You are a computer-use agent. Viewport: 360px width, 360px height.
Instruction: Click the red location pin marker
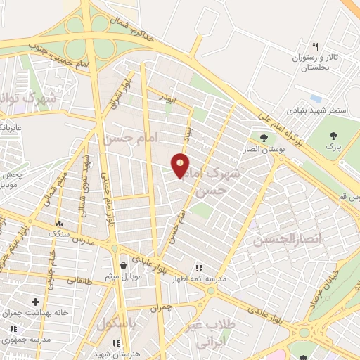tap(180, 165)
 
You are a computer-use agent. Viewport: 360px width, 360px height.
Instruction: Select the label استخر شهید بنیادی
tap(316, 111)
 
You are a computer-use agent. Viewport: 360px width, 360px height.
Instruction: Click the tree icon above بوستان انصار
tap(264, 138)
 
